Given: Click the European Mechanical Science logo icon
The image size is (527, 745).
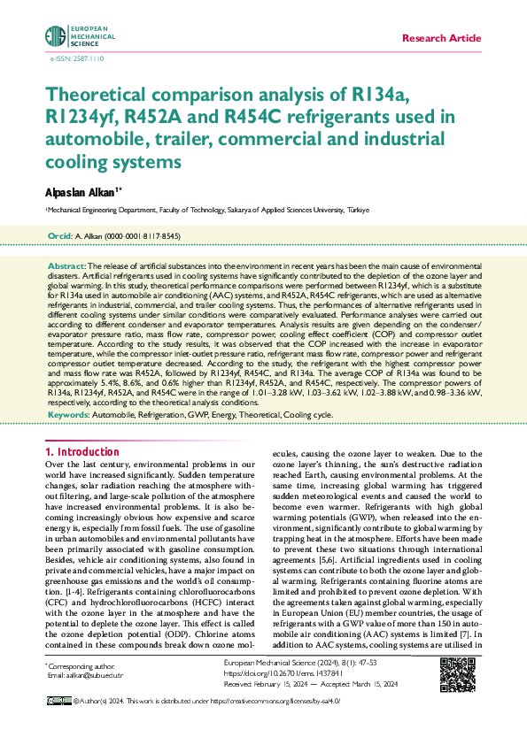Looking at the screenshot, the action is click(55, 37).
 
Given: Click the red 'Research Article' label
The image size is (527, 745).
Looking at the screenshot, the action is click(441, 39).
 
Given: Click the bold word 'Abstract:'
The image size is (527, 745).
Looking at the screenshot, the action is click(66, 265).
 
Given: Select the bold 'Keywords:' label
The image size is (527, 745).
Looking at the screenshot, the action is click(67, 414).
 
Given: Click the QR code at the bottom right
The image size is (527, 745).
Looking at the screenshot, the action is click(457, 675).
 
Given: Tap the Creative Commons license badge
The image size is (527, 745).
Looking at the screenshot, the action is click(58, 700).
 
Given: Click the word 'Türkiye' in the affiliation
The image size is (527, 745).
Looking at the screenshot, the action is click(357, 211).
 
